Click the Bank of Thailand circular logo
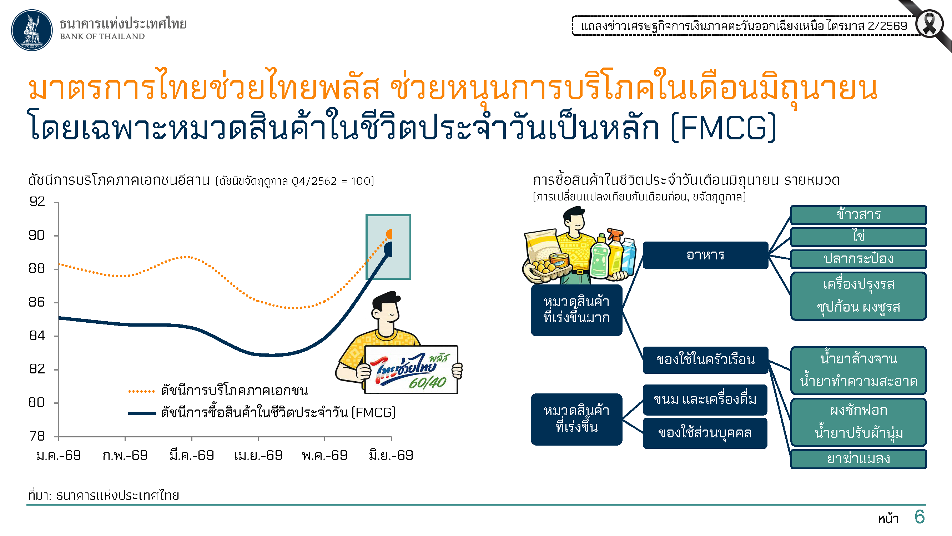coord(32,30)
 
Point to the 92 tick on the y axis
coord(56,202)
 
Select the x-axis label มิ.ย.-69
coord(391,455)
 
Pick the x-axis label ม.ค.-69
coord(59,455)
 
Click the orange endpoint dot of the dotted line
coord(389,234)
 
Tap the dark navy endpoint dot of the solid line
coord(388,249)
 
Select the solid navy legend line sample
coord(142,413)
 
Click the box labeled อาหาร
coord(705,255)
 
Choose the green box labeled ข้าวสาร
coord(858,215)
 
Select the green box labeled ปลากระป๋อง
coord(858,259)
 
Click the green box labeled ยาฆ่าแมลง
coord(858,459)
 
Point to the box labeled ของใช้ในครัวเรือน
coord(705,360)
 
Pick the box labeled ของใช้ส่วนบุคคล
coord(705,433)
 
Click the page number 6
coord(920,517)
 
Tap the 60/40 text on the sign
coord(428,383)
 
